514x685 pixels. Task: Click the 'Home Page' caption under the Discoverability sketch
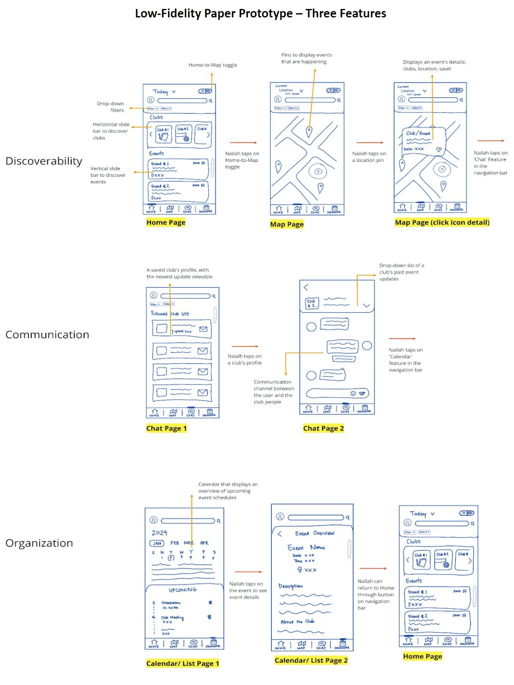[166, 222]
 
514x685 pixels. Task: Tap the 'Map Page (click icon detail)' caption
[442, 222]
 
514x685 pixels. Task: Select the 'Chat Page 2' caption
[323, 428]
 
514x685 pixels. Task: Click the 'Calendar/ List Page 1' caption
[182, 663]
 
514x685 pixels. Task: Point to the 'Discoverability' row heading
[44, 161]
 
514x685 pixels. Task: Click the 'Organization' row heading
[39, 543]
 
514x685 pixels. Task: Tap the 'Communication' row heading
[47, 335]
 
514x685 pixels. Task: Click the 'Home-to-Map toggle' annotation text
[212, 65]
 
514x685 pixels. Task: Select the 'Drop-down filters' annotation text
[111, 107]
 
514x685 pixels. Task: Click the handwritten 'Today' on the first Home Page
[161, 91]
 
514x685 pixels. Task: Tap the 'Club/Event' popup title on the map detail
[418, 133]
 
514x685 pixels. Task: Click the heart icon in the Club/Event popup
[439, 149]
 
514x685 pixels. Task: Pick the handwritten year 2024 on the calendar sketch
[160, 533]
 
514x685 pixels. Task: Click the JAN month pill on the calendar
[157, 543]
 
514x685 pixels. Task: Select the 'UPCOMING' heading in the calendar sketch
[183, 590]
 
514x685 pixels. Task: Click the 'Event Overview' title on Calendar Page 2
[315, 533]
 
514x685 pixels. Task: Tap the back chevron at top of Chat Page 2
[306, 288]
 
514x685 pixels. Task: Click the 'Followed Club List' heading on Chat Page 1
[170, 314]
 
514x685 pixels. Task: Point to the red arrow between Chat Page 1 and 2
[245, 346]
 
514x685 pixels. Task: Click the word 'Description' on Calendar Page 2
[290, 586]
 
